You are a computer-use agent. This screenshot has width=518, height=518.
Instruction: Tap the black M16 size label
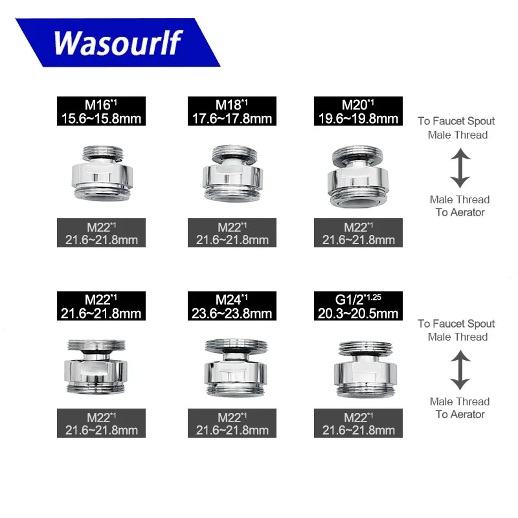pyautogui.click(x=100, y=111)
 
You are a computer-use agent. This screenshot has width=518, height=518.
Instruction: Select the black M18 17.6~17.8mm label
pyautogui.click(x=232, y=111)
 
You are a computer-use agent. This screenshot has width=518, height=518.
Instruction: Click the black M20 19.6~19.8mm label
pyautogui.click(x=358, y=111)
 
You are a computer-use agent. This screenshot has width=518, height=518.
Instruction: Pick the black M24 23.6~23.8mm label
pyautogui.click(x=232, y=306)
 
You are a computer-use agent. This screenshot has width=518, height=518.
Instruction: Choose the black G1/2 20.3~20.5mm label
pyautogui.click(x=358, y=306)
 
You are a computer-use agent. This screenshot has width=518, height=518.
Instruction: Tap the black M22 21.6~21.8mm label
pyautogui.click(x=100, y=306)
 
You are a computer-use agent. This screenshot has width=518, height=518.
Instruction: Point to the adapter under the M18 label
pyautogui.click(x=232, y=172)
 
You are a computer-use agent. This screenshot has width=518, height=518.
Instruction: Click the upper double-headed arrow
pyautogui.click(x=460, y=167)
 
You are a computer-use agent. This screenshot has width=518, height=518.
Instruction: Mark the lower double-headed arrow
pyautogui.click(x=460, y=369)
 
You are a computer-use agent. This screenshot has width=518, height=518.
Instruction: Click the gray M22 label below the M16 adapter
pyautogui.click(x=100, y=232)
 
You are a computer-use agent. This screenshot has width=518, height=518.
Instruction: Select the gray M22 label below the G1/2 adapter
pyautogui.click(x=358, y=423)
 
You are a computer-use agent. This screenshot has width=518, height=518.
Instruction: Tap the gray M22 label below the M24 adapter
pyautogui.click(x=232, y=423)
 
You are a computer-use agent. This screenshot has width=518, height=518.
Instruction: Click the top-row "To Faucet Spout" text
pyautogui.click(x=456, y=121)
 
